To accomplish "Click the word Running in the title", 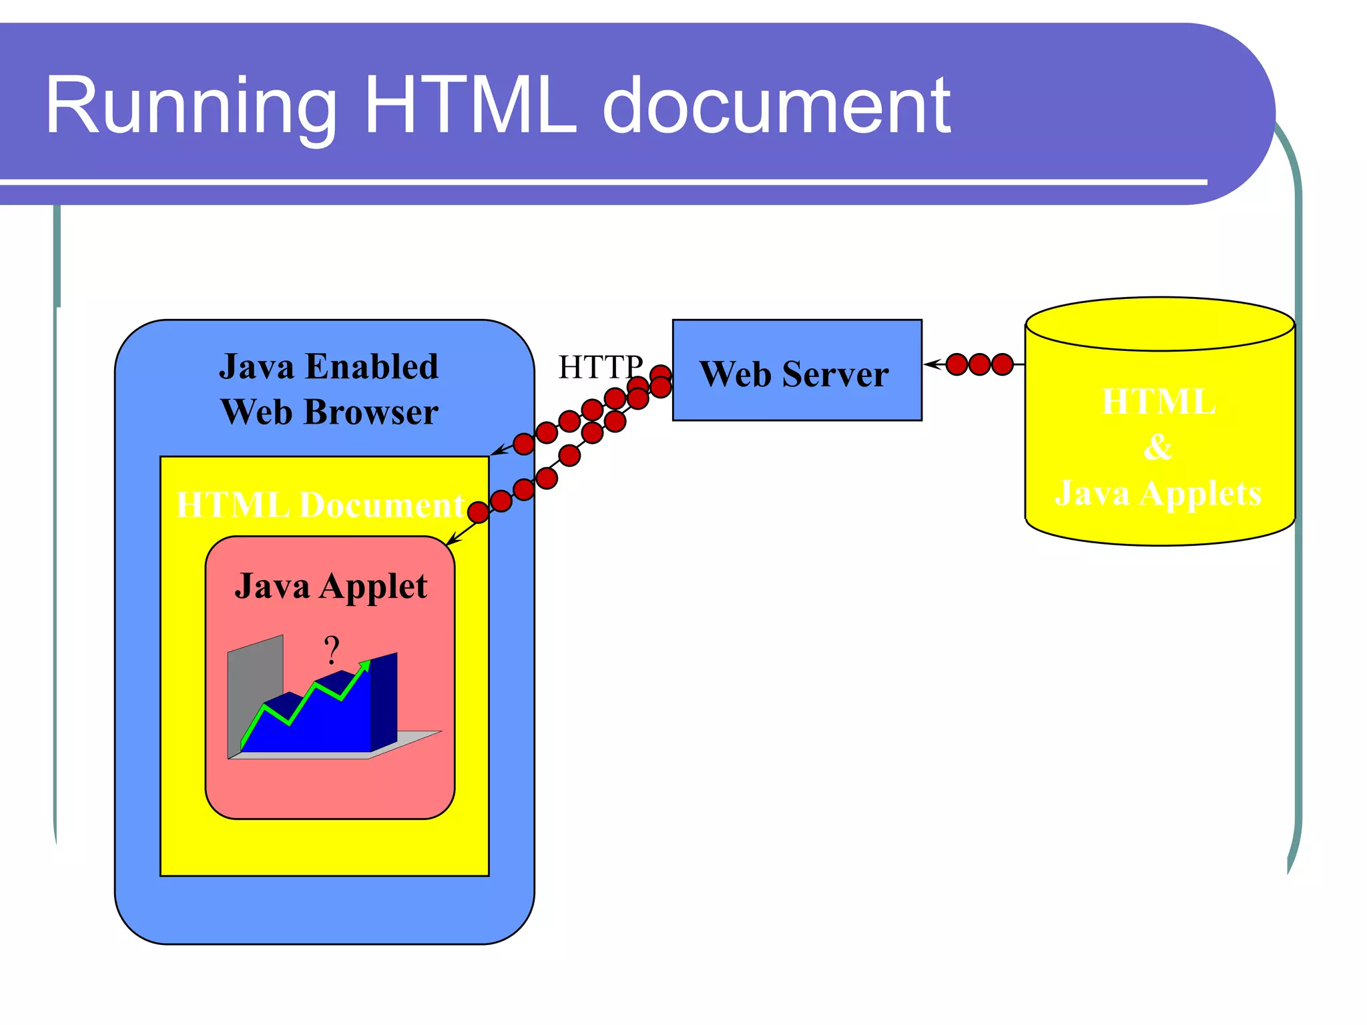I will pos(191,107).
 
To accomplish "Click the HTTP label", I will pos(599,367).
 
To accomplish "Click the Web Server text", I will pos(794,374).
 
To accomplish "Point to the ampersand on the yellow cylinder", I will pos(1158,447).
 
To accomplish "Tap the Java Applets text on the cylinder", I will pos(1158,494).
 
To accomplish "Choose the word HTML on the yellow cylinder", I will pos(1158,402).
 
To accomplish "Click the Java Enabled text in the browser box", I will pos(328,367).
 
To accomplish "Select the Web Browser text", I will pos(329,412).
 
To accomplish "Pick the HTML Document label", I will pos(320,505).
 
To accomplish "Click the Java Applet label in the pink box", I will pos(330,587).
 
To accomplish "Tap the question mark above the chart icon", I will pos(332,649).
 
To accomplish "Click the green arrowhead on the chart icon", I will pos(364,665).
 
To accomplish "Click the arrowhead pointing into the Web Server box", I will pos(932,364).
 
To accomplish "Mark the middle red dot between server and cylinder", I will pos(979,364).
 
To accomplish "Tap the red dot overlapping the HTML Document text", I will pos(478,512).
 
